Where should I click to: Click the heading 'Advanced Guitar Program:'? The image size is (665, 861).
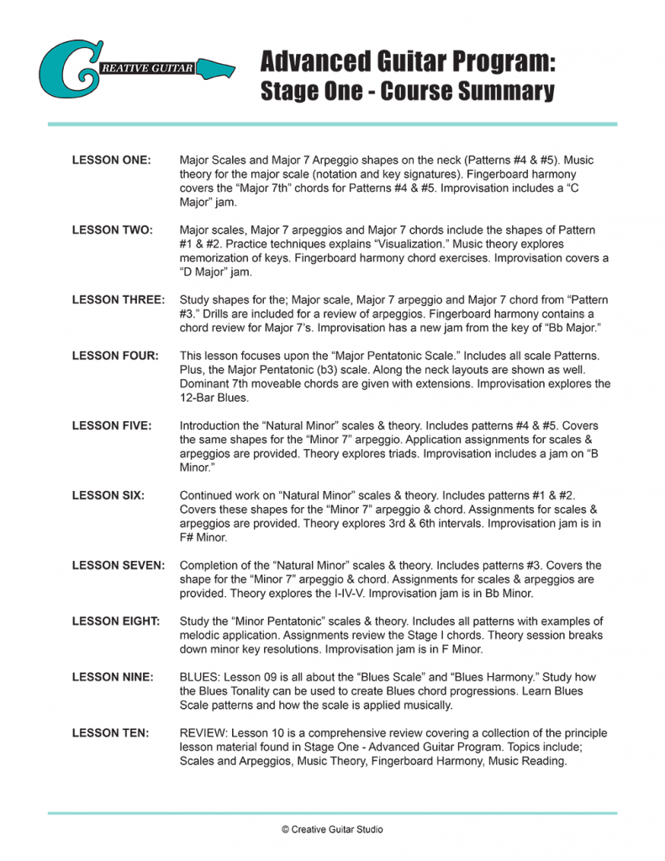[408, 62]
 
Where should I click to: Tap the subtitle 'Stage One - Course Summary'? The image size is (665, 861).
[407, 91]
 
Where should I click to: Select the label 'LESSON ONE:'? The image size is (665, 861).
[112, 160]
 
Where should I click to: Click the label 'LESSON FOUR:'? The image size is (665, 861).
[115, 356]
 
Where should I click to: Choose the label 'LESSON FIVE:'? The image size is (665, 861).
[112, 426]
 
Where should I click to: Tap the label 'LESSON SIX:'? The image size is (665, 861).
[108, 496]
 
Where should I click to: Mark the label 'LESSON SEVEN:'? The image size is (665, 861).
[119, 566]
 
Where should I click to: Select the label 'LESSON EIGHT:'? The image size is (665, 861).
[116, 621]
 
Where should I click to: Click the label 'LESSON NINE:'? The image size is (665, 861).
[113, 678]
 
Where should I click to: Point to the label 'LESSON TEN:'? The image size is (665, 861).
[111, 733]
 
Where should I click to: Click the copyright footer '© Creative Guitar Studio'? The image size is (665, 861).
[332, 829]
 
